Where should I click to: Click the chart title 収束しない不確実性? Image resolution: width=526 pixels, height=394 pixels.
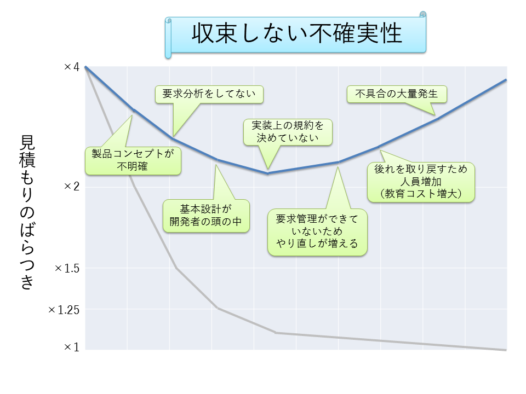tap(296, 33)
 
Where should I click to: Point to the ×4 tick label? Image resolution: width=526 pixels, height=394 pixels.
tap(71, 67)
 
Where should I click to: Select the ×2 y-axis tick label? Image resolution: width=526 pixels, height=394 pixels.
tap(71, 186)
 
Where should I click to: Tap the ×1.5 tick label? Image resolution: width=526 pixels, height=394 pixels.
tap(67, 268)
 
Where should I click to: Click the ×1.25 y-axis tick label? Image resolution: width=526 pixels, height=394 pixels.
tap(64, 310)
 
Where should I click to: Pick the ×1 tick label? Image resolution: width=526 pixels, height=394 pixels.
tap(71, 347)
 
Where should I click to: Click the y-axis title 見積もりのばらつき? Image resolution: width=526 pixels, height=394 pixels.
tap(27, 212)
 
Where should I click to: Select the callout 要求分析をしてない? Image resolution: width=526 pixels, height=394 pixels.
tap(209, 94)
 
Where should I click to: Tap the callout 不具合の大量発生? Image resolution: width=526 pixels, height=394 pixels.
tap(397, 94)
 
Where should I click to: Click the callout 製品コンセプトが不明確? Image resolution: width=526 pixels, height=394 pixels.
tap(133, 161)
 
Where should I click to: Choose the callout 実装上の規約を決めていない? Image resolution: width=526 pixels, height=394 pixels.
tap(288, 132)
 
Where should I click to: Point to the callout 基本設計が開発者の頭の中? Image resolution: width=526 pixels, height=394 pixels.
tap(206, 216)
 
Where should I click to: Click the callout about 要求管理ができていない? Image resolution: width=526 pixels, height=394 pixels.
tap(317, 233)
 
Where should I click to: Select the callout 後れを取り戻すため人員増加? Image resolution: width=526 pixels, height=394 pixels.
tap(421, 182)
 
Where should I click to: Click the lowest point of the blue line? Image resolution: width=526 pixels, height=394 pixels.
tap(268, 173)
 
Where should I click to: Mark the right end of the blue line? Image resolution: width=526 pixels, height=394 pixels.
tap(506, 80)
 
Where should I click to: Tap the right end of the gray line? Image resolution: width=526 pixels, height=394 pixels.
tap(506, 350)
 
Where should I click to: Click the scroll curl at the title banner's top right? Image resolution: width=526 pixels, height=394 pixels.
tap(422, 14)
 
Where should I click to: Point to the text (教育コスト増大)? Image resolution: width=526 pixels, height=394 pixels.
tap(421, 194)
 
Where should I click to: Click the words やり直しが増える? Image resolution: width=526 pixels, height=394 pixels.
tap(317, 244)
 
